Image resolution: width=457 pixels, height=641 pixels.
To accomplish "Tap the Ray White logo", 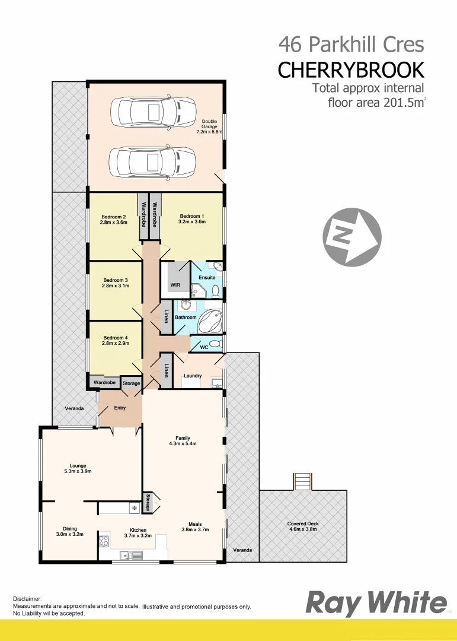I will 376,603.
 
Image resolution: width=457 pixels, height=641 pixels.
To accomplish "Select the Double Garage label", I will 209,126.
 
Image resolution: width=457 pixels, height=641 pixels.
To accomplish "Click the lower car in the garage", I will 153,161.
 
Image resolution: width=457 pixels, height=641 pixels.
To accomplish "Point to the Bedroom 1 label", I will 192,216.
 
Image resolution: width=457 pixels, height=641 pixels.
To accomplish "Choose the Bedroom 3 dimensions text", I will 115,286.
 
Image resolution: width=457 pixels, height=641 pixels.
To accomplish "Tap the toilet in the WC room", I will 216,344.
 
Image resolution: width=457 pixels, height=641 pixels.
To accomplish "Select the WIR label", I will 175,285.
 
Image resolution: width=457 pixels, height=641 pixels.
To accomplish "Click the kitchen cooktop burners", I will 103,541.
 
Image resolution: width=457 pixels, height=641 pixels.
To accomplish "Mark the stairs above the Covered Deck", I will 302,481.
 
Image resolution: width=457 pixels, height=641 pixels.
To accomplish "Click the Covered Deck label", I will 302,523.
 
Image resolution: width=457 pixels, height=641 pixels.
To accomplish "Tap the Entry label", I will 120,408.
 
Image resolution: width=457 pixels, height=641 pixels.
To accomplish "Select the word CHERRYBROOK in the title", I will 351,70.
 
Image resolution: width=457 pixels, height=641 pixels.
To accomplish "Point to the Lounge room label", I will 78,466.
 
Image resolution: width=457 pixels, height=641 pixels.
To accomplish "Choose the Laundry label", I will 193,376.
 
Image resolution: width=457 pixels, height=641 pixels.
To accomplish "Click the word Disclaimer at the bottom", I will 27,599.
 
